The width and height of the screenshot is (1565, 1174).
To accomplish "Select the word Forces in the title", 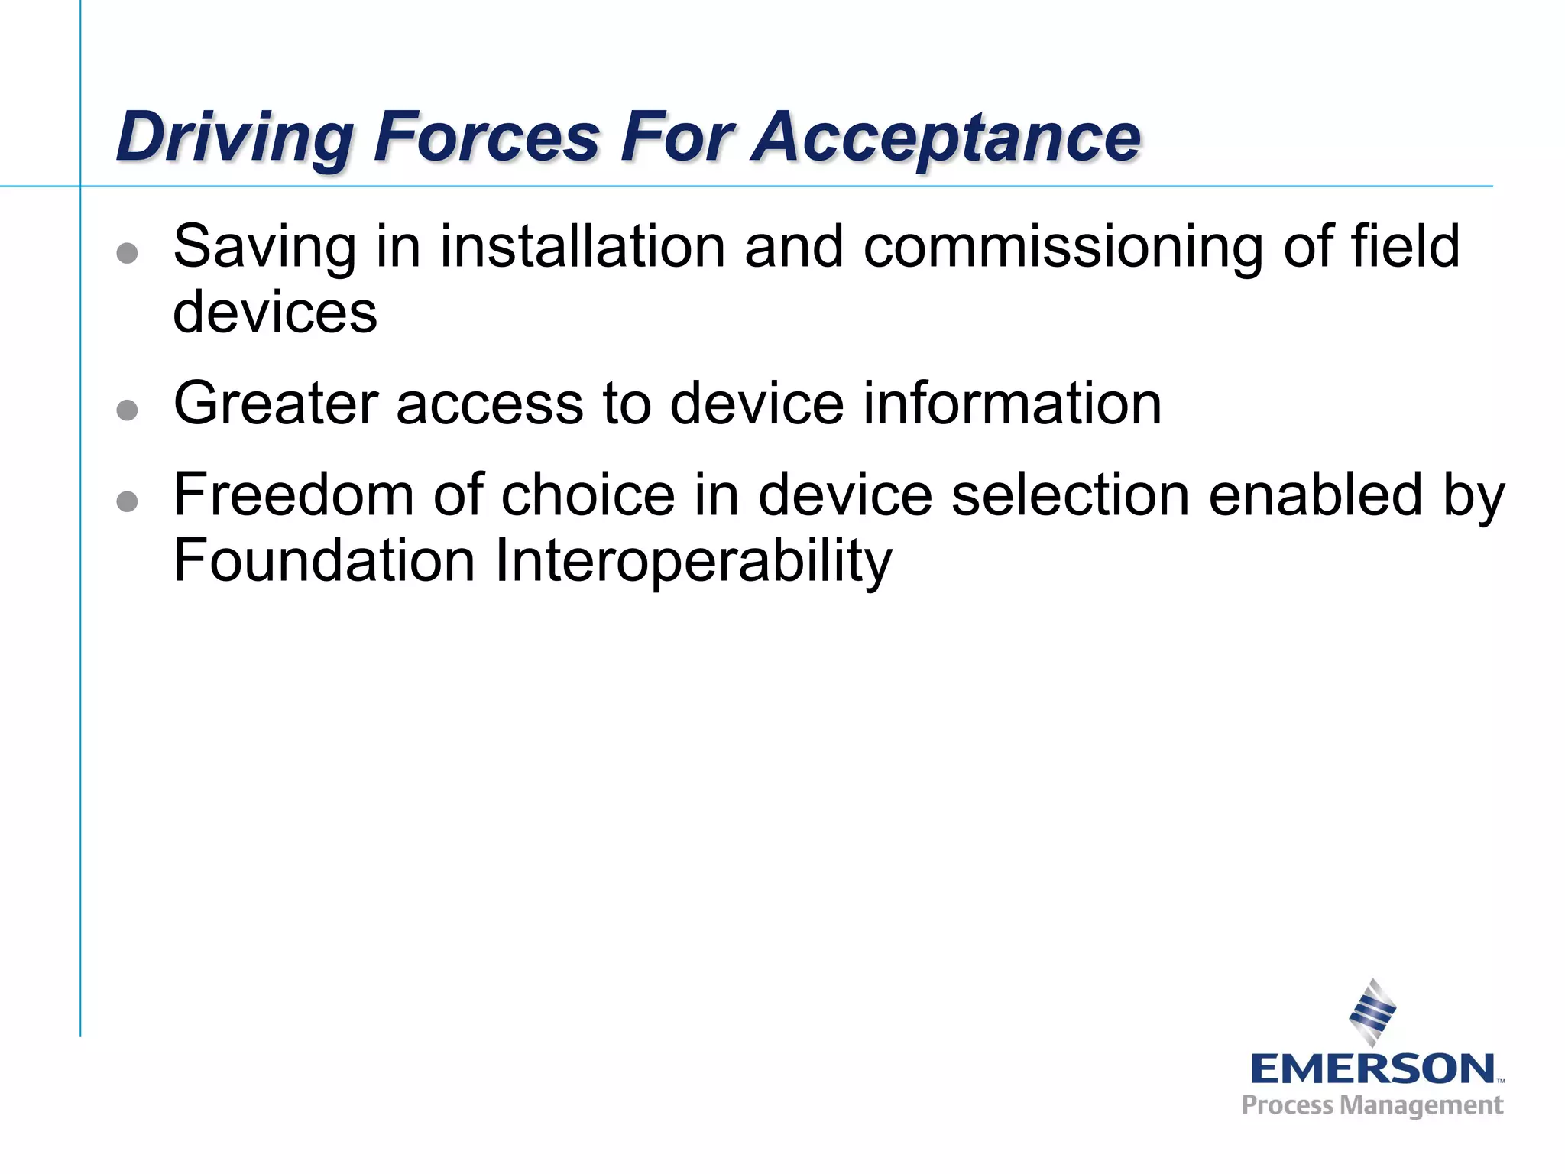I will click(x=487, y=138).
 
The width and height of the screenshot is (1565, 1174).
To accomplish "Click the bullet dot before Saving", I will click(x=128, y=253).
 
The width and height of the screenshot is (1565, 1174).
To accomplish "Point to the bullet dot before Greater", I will click(x=128, y=410).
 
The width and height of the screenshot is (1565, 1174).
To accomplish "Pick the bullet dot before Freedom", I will click(x=128, y=501).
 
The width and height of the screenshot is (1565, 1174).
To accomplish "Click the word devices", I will click(x=275, y=313).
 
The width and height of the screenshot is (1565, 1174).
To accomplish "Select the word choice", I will click(x=588, y=495).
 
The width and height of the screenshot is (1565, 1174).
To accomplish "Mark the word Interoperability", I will click(x=693, y=561).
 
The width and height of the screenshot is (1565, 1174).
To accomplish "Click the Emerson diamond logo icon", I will click(x=1372, y=1013).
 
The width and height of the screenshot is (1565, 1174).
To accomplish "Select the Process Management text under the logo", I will click(x=1372, y=1105).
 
